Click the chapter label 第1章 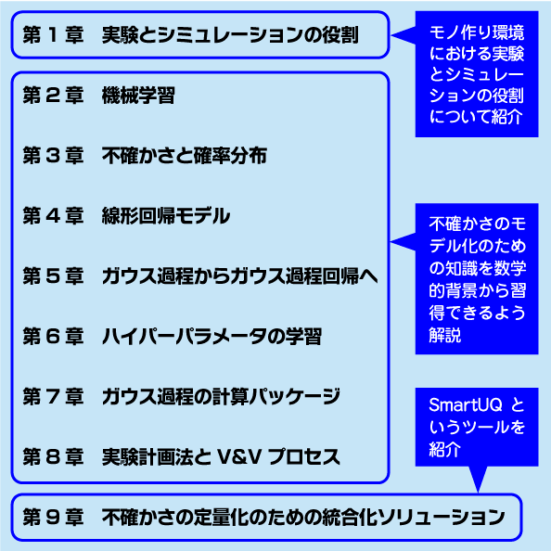(x=53, y=35)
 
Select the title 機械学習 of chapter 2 (x=138, y=96)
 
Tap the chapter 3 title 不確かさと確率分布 (x=185, y=156)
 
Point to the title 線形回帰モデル (x=166, y=216)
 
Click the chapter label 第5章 (x=53, y=276)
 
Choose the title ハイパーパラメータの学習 (x=211, y=337)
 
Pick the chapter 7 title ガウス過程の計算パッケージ (x=221, y=397)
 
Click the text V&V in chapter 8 (x=239, y=456)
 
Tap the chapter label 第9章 (x=53, y=518)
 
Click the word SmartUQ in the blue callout (x=466, y=405)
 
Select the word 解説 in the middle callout (x=444, y=335)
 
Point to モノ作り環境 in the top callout (x=477, y=32)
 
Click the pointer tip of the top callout (x=391, y=35)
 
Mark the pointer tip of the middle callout (x=391, y=242)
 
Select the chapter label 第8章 (x=53, y=456)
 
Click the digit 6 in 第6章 (x=53, y=337)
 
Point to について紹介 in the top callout (x=476, y=116)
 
